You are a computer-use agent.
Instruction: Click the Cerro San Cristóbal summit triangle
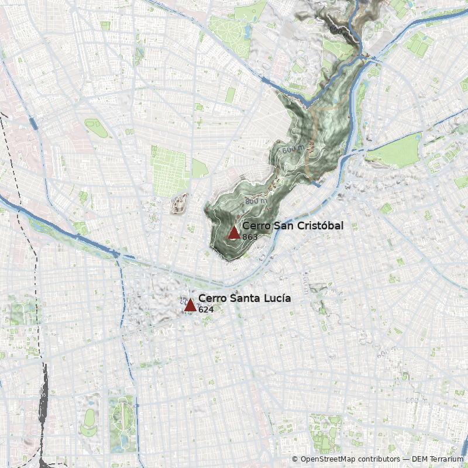234,233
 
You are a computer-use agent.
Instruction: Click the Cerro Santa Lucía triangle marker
190,305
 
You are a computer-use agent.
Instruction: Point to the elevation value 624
205,309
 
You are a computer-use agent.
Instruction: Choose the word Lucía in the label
277,298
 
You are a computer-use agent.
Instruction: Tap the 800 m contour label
256,201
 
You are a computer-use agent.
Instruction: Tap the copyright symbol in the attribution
295,459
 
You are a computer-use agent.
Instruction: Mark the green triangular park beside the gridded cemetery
199,169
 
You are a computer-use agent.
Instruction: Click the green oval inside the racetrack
90,418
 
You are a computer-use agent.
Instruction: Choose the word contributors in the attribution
380,459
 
